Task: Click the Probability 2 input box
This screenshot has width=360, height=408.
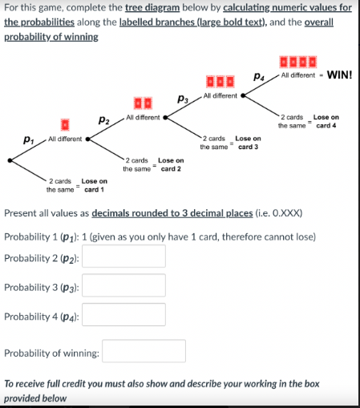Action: [124, 257]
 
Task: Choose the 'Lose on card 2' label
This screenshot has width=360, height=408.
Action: [169, 164]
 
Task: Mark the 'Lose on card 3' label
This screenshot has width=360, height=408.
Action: [248, 143]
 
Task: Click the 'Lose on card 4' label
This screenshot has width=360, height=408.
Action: [326, 121]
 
